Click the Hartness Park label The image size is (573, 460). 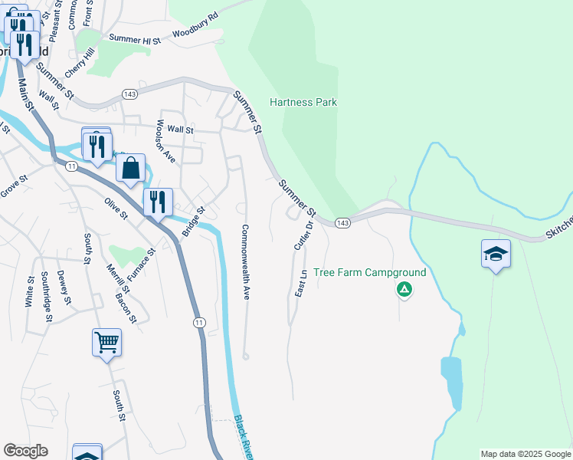tap(303, 102)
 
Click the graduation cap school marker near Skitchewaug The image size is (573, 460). tap(496, 254)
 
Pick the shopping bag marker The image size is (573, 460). tap(131, 169)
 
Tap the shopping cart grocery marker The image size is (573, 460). tap(106, 342)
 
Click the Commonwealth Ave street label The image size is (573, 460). tap(246, 261)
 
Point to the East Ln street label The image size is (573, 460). tap(302, 283)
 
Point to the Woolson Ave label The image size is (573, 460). tap(165, 141)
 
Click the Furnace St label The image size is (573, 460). tap(142, 261)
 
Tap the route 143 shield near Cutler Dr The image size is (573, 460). tap(342, 222)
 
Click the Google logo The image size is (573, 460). tap(26, 450)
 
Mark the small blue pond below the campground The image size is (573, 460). tap(451, 383)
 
